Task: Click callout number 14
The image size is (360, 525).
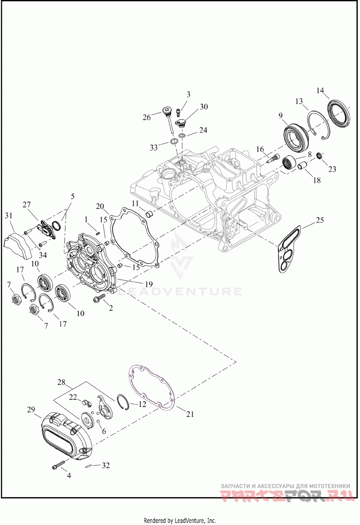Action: coord(320,91)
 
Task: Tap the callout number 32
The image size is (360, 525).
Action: coord(105,465)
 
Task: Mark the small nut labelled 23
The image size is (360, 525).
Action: coord(319,155)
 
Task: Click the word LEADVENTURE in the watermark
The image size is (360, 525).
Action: coord(180,291)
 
